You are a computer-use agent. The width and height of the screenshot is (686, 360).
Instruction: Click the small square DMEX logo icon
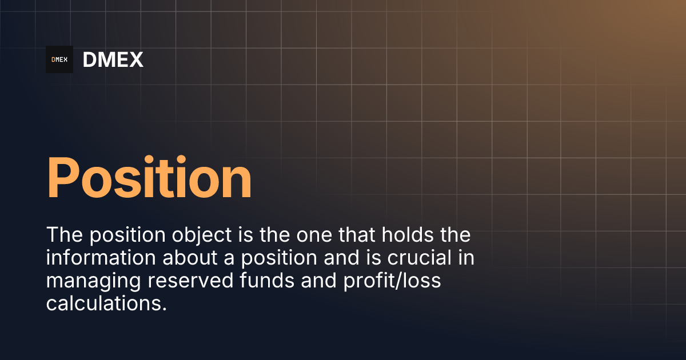point(59,59)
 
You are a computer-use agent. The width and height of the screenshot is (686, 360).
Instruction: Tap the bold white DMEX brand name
point(113,59)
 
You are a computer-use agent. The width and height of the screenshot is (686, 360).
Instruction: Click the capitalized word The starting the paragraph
point(64,235)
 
